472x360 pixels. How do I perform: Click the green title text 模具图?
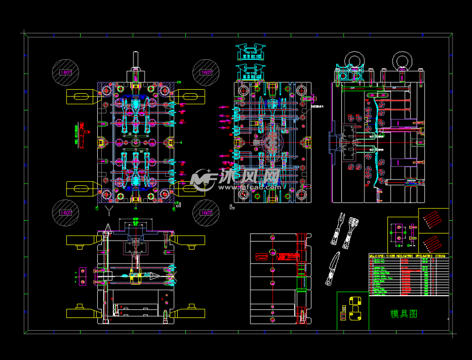pos(404,313)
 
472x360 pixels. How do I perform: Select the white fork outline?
pos(335,231)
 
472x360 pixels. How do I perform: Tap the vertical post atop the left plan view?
pos(136,59)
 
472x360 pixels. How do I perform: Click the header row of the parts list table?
pos(408,256)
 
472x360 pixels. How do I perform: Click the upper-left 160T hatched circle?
pos(64,72)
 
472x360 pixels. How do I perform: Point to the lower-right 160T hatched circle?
pos(205,212)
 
